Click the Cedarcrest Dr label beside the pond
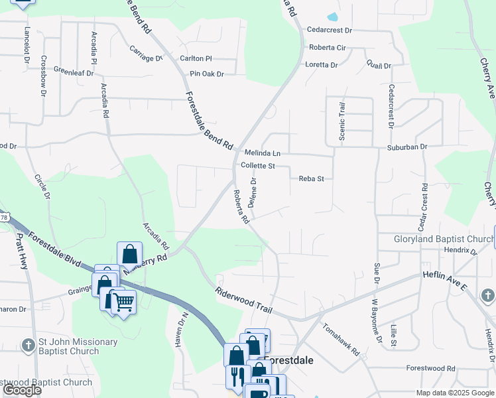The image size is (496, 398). click(329, 30)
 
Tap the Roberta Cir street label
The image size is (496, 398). click(328, 48)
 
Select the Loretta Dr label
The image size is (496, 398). click(322, 65)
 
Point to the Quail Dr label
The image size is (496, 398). click(379, 66)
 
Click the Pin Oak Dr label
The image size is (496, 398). click(207, 74)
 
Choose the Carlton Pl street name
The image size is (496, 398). click(196, 58)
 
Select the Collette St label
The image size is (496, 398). click(257, 166)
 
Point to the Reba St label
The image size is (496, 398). click(311, 178)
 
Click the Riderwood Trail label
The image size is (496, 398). click(243, 297)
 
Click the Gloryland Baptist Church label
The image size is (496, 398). click(440, 239)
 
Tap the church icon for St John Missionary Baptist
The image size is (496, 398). click(28, 345)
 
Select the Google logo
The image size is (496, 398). click(22, 390)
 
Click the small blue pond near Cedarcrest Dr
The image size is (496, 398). click(332, 17)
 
